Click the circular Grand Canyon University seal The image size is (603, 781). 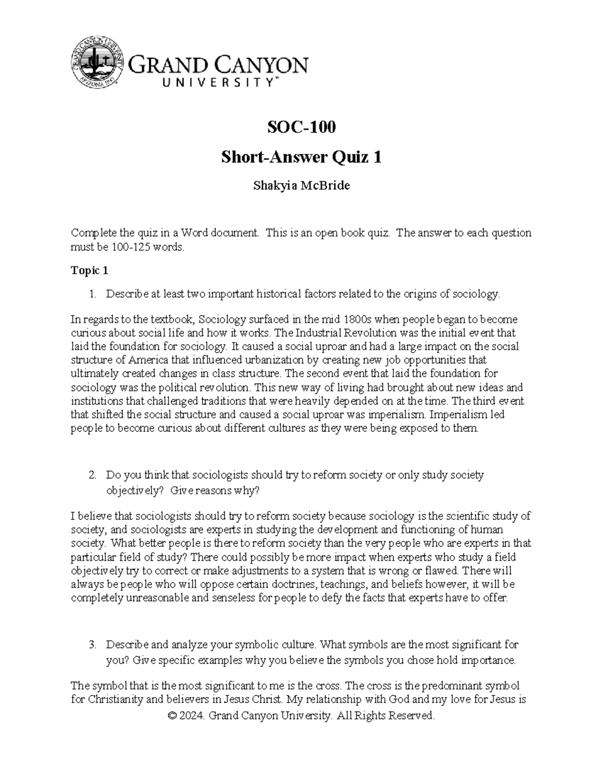97,61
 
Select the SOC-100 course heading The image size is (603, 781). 301,127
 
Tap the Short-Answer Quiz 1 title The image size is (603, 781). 301,158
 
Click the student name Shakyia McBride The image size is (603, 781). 301,186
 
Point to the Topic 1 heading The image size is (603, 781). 89,271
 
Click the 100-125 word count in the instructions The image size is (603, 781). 126,247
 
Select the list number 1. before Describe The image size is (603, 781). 92,294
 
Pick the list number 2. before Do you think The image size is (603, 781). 92,475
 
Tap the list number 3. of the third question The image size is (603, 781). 92,645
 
